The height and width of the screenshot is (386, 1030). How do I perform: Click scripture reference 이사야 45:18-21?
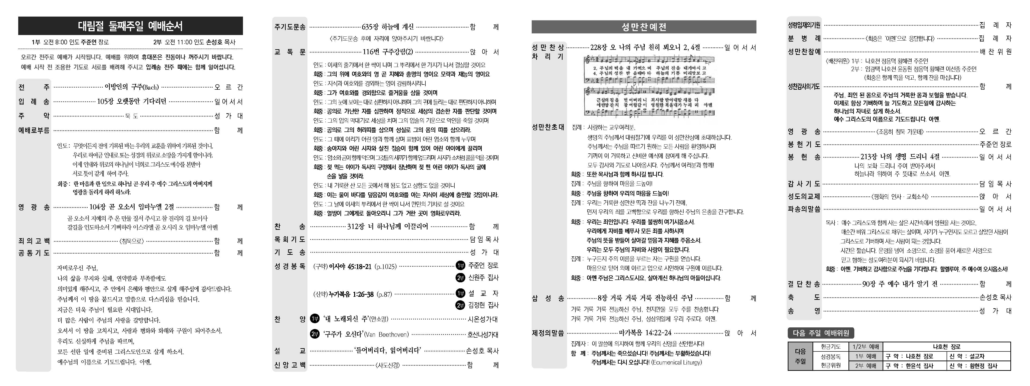pyautogui.click(x=350, y=266)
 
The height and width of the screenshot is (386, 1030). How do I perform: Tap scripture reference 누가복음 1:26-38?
pyautogui.click(x=351, y=294)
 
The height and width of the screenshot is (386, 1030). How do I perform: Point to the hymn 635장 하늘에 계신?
pyautogui.click(x=388, y=27)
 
